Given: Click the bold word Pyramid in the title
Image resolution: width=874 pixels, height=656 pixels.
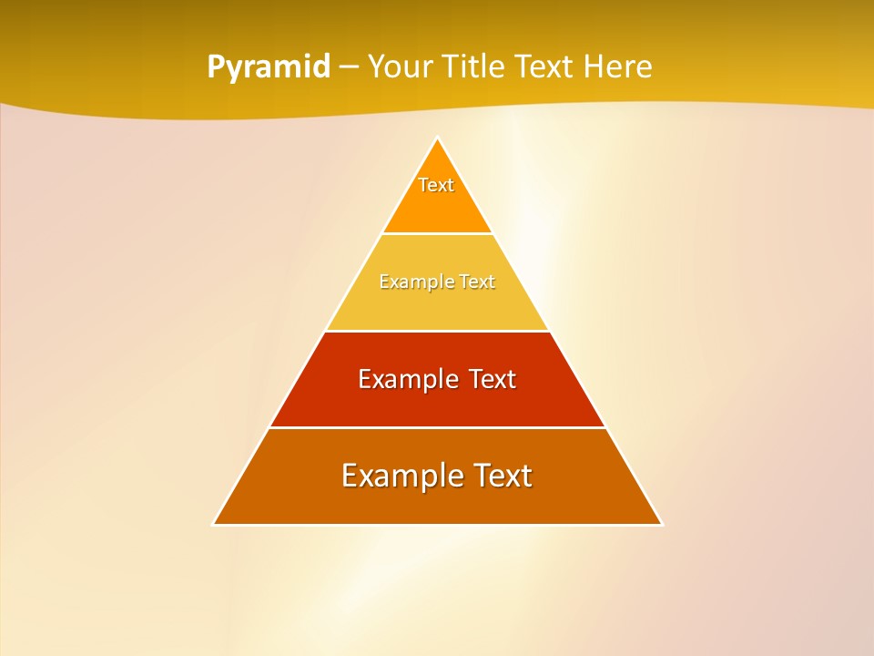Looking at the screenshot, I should click(x=269, y=67).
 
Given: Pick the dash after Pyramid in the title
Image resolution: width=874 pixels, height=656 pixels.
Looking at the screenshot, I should click(x=349, y=67).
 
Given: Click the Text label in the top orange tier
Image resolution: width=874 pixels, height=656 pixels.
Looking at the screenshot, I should click(x=436, y=185).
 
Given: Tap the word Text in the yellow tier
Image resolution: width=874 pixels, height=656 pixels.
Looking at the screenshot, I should click(x=478, y=282).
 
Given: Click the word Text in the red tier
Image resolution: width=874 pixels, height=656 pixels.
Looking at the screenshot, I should click(x=492, y=379).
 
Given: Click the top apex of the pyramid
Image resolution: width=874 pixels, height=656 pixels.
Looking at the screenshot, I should click(x=438, y=138).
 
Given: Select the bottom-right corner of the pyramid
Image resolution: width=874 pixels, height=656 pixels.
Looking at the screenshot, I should click(x=661, y=524).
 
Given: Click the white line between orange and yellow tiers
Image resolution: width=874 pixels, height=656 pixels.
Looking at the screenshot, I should click(x=438, y=234).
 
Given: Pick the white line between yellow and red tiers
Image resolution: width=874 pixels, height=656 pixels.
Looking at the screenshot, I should click(x=438, y=331).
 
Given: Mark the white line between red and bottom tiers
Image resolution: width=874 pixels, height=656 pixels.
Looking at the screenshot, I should click(x=438, y=427).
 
